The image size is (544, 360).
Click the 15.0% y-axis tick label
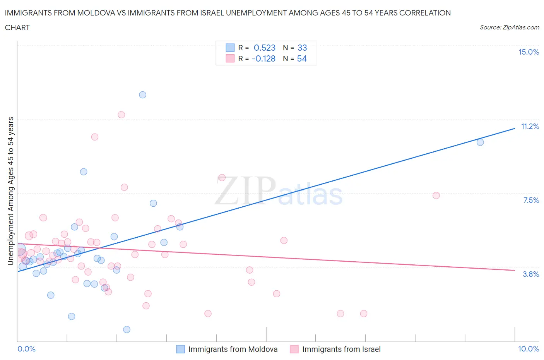tap(529, 52)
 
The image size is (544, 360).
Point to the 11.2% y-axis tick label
tap(530, 127)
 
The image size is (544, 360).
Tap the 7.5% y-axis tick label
tap(531, 201)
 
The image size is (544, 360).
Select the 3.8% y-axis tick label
tap(531, 274)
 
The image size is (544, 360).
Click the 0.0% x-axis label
tap(26, 349)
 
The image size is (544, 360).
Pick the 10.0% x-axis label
tap(529, 349)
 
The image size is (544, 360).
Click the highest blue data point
tap(143, 95)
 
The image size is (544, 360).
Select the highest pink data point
tap(121, 115)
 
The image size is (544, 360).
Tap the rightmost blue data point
tap(480, 142)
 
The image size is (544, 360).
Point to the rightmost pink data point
tap(436, 195)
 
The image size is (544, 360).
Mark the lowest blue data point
tap(127, 329)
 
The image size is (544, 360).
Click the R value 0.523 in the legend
tap(265, 48)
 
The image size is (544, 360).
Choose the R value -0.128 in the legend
tap(263, 59)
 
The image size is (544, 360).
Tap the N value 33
tap(302, 48)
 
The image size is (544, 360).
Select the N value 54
tap(302, 59)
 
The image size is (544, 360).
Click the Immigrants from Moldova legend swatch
tap(180, 349)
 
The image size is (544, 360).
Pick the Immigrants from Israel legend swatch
tap(294, 349)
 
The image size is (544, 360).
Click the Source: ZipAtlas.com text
tap(509, 27)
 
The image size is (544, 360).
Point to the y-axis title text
tap(11, 191)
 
